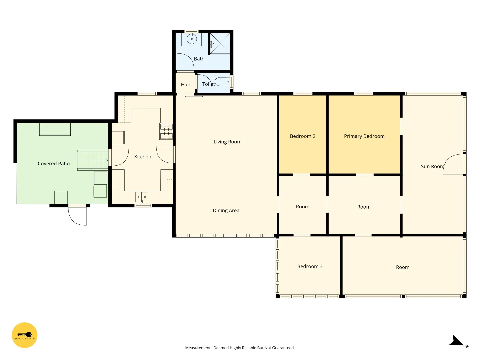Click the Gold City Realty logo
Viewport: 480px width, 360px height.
(x=24, y=335)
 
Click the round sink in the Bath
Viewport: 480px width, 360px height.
(x=192, y=39)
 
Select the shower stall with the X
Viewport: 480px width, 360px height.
(x=220, y=43)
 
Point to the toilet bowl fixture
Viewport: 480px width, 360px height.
(x=222, y=82)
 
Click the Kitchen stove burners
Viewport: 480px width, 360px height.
(x=166, y=131)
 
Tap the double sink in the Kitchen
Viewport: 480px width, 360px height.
(x=141, y=197)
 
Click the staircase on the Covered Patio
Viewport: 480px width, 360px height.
(x=93, y=160)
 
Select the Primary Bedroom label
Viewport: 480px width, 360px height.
(x=364, y=136)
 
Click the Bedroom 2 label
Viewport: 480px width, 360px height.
(x=302, y=136)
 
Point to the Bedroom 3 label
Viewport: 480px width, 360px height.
(x=310, y=266)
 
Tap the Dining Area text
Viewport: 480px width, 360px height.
(x=226, y=210)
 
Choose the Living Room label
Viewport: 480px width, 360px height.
(x=227, y=142)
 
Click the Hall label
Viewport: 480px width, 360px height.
(x=185, y=85)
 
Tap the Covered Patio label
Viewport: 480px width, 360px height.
(x=54, y=163)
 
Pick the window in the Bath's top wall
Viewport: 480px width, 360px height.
(x=191, y=31)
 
